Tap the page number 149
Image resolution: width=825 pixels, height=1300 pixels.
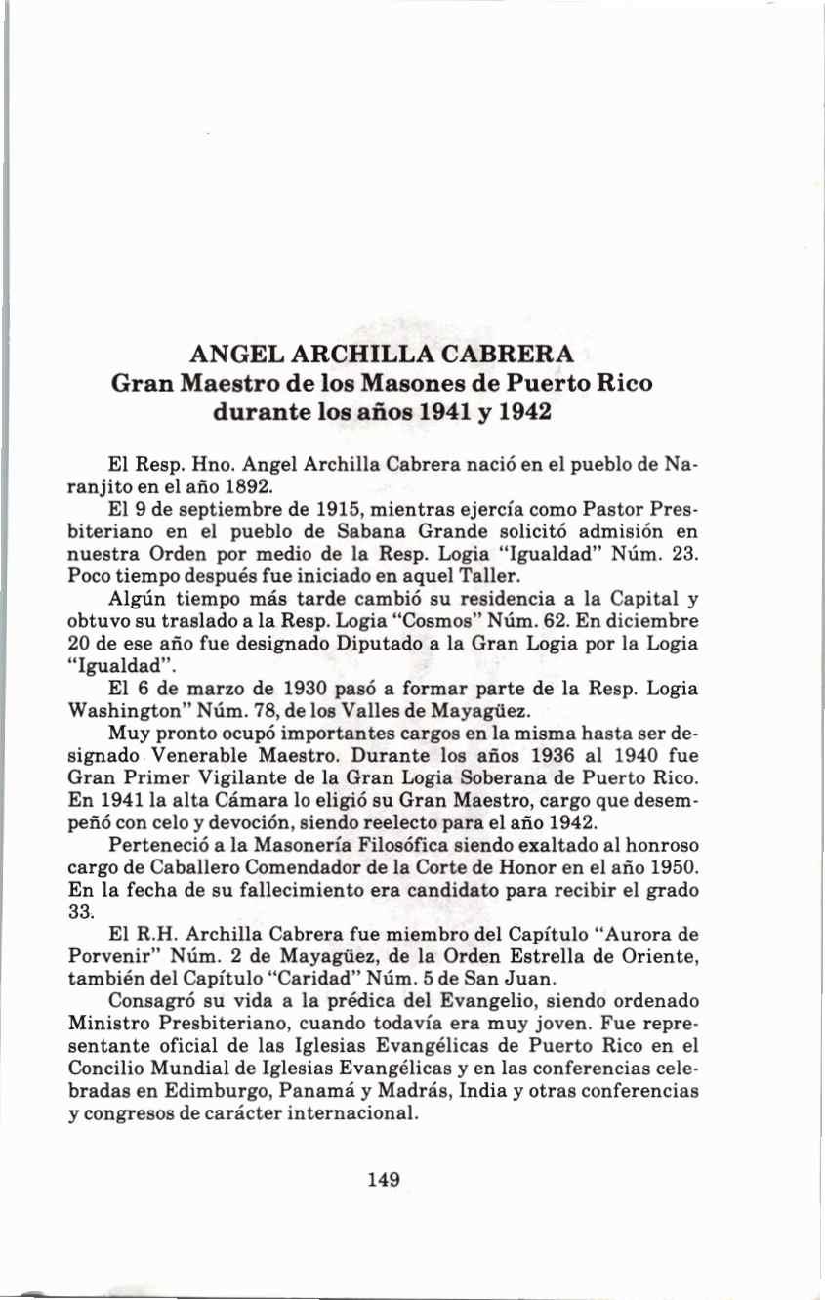tap(384, 1179)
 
